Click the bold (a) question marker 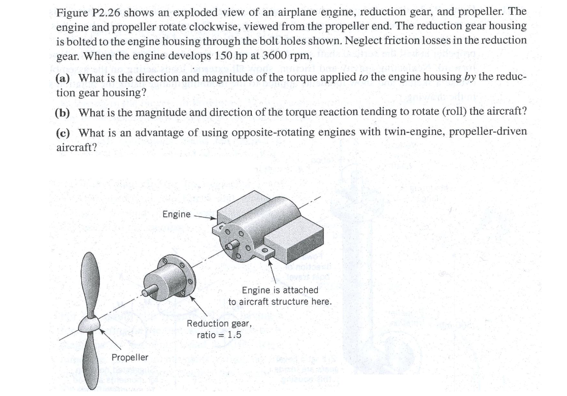click(64, 78)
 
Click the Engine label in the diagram click(176, 214)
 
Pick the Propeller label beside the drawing click(130, 357)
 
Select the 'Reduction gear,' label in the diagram click(219, 323)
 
